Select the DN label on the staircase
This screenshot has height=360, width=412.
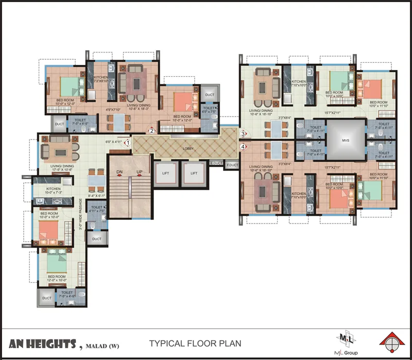[x=119, y=172]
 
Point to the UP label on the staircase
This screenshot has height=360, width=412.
[x=139, y=172]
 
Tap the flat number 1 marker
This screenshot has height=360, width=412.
[x=127, y=142]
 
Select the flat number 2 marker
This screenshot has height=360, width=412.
[x=152, y=131]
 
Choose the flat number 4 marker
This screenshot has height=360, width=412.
[x=243, y=147]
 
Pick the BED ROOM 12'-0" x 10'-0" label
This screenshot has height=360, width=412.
[x=57, y=279]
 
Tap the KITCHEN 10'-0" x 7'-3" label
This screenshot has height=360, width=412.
[x=54, y=191]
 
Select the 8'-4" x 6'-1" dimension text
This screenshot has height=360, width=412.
[x=97, y=196]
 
